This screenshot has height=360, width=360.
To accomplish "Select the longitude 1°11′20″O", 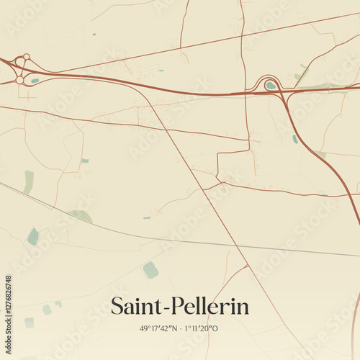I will [x=202, y=328].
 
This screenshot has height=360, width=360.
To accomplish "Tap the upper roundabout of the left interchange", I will [x=26, y=57].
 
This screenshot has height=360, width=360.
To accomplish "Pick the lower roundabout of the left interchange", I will [x=19, y=80].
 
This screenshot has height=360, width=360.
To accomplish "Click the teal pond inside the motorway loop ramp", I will [x=270, y=85].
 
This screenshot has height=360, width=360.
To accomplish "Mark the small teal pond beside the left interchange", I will [x=35, y=81].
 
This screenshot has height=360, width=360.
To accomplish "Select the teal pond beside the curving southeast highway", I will [x=295, y=138].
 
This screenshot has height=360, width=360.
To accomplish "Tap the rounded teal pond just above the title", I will [x=150, y=270].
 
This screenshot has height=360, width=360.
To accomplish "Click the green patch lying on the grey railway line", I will [x=81, y=215].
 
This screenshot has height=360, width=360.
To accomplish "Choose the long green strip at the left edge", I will [x=28, y=181].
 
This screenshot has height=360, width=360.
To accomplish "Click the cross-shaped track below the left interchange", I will [x=29, y=96].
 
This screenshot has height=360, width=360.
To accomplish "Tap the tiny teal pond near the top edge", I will [x=93, y=34].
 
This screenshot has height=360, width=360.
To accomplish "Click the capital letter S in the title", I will [x=117, y=307].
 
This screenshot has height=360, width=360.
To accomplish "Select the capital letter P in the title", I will [x=174, y=307].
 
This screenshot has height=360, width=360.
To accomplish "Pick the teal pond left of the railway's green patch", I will [x=32, y=236].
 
